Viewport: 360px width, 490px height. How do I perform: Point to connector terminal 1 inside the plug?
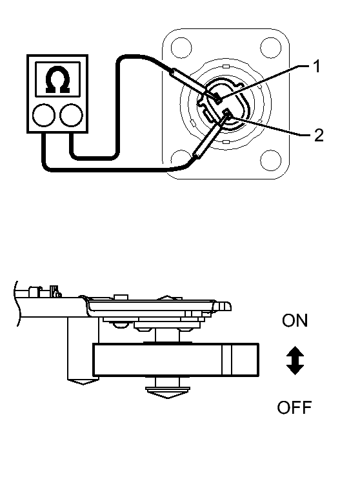(x=219, y=99)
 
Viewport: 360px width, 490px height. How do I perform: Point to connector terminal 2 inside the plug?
(x=226, y=115)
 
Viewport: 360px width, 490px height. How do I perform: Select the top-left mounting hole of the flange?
(x=181, y=47)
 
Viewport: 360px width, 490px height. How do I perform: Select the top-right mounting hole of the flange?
(x=269, y=46)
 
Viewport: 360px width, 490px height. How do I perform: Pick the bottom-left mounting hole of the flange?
(x=181, y=157)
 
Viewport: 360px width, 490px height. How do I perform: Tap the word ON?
(x=295, y=321)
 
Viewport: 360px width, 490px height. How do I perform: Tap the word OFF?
(x=294, y=407)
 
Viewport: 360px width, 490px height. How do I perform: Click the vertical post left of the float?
(x=78, y=352)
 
